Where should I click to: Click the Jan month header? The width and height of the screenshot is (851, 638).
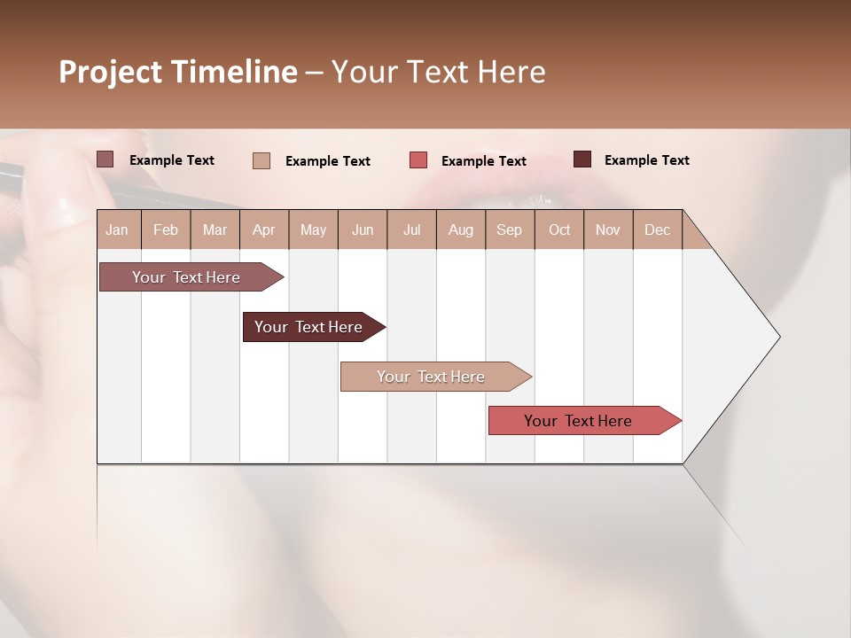(x=117, y=230)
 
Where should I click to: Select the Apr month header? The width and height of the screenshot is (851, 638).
(x=263, y=230)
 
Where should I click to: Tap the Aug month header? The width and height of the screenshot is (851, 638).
(x=460, y=230)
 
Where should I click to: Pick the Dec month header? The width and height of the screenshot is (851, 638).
(x=657, y=230)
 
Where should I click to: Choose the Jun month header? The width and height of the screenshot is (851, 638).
(x=363, y=230)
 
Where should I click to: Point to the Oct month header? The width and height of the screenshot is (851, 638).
(x=559, y=230)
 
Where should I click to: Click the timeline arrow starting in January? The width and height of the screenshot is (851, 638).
(x=186, y=277)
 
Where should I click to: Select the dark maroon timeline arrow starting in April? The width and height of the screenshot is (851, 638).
(x=308, y=327)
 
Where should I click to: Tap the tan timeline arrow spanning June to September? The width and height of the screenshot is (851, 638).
(x=431, y=377)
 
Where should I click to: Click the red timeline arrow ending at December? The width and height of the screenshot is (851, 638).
(x=578, y=421)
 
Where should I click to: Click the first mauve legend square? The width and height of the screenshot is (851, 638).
(x=105, y=159)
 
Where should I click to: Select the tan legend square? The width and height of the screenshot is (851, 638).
(x=261, y=160)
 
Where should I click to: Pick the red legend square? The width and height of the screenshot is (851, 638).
(x=418, y=160)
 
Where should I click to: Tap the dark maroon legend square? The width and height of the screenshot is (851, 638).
(x=582, y=159)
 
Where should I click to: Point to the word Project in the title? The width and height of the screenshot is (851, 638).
(x=110, y=72)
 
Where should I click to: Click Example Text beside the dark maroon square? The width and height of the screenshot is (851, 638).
(x=646, y=160)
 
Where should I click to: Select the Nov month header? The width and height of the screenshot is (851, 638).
(x=608, y=230)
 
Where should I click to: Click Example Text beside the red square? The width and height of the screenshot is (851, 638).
(x=483, y=161)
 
